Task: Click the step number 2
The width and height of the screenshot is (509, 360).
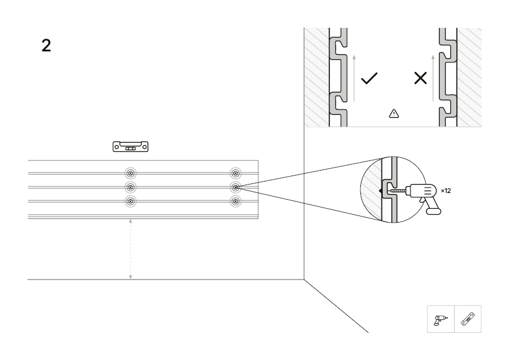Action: [x=46, y=45]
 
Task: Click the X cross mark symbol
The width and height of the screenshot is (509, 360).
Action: [x=420, y=78]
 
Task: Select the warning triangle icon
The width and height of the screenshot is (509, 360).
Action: [x=394, y=113]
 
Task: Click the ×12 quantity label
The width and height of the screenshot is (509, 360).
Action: [x=446, y=191]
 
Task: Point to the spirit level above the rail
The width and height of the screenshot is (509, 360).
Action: [x=131, y=146]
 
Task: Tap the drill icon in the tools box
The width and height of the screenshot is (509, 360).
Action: [x=441, y=320]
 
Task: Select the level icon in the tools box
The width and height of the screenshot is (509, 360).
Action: [x=468, y=319]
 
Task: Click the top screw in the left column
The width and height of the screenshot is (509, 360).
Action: [x=131, y=174]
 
